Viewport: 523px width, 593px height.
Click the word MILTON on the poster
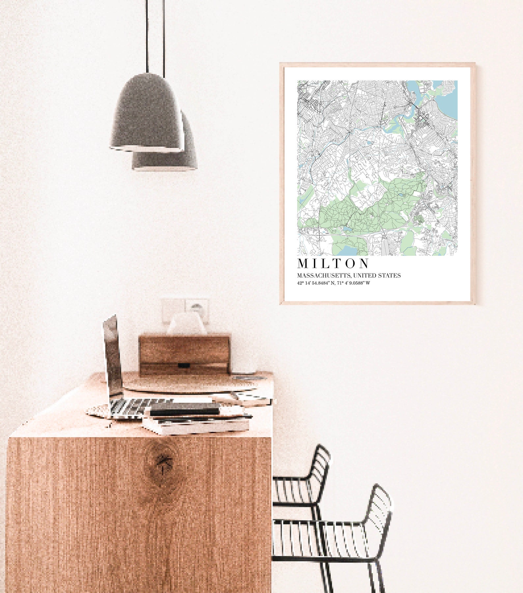pyautogui.click(x=333, y=264)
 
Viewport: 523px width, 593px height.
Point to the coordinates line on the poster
pyautogui.click(x=333, y=283)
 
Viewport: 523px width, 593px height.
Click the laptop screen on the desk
pyautogui.click(x=112, y=356)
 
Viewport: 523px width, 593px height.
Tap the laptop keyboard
pyautogui.click(x=138, y=406)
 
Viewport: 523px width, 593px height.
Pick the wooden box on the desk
pyautogui.click(x=184, y=354)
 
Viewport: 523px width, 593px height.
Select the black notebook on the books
pyautogui.click(x=184, y=411)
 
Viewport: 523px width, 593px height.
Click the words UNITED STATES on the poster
pyautogui.click(x=377, y=275)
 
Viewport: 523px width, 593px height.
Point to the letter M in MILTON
pyautogui.click(x=303, y=264)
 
